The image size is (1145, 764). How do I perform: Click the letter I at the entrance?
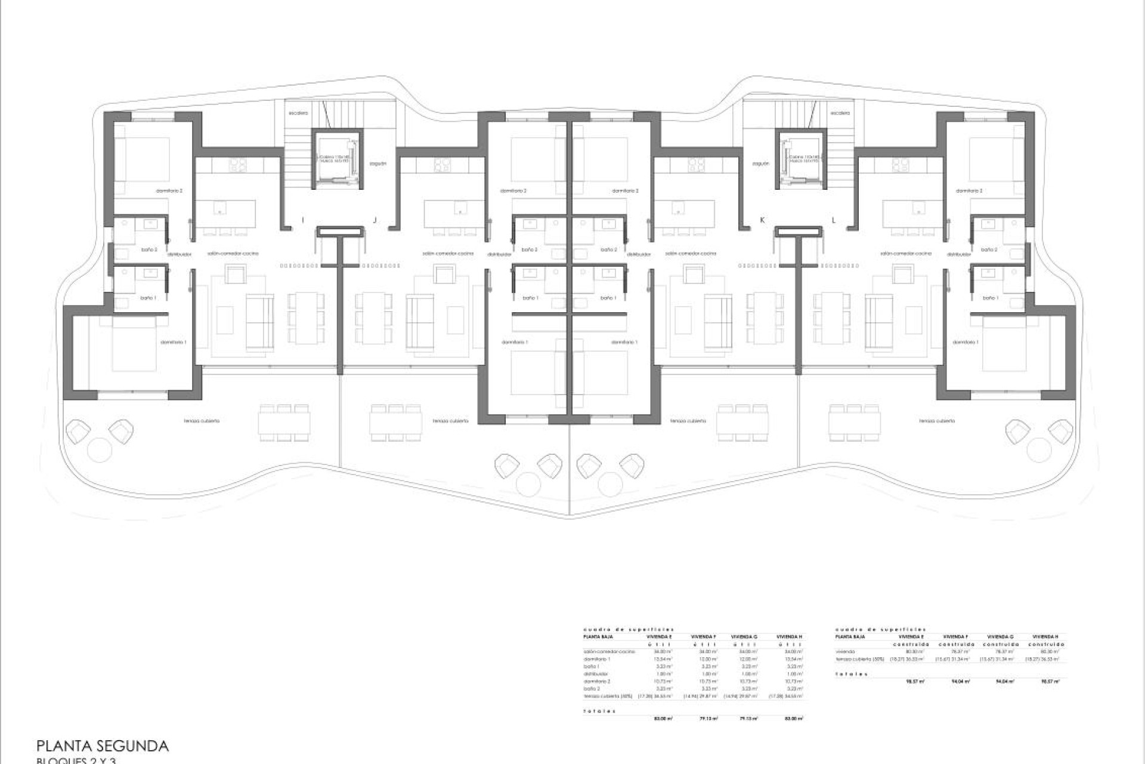(302, 220)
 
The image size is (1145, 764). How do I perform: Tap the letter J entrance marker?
(375, 220)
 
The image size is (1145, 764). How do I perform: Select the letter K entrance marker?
(762, 220)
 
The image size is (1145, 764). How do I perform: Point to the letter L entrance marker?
(834, 220)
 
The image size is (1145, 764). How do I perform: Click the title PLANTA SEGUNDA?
(103, 745)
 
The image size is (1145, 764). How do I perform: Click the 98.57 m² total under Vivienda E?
(915, 681)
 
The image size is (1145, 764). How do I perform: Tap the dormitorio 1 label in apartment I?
(173, 342)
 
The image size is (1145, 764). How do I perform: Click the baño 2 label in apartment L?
(989, 249)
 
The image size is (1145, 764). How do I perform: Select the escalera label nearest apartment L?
(840, 113)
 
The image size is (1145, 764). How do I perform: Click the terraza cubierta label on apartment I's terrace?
(202, 421)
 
